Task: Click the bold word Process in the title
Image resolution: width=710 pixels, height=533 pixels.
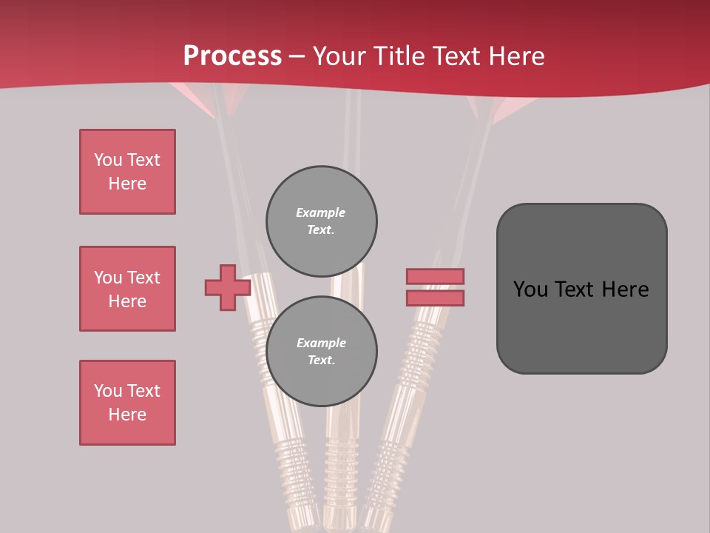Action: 232,56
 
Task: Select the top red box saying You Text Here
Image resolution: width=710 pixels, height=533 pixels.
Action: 127,172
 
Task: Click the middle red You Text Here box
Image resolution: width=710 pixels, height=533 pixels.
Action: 127,289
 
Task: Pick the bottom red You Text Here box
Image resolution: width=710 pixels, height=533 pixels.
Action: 127,403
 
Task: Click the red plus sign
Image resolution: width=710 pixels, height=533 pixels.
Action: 228,287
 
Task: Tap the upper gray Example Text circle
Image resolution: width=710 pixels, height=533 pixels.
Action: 321,221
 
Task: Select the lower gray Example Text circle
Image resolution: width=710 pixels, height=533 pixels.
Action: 321,351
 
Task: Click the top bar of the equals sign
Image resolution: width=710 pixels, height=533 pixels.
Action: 435,276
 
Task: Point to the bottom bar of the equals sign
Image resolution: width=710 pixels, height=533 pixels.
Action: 435,298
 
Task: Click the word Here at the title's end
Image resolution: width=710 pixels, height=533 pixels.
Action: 515,56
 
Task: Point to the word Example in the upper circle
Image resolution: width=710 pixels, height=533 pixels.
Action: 320,212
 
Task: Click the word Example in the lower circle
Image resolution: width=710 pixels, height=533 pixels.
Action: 321,343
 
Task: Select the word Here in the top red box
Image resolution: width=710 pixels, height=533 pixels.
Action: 127,184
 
